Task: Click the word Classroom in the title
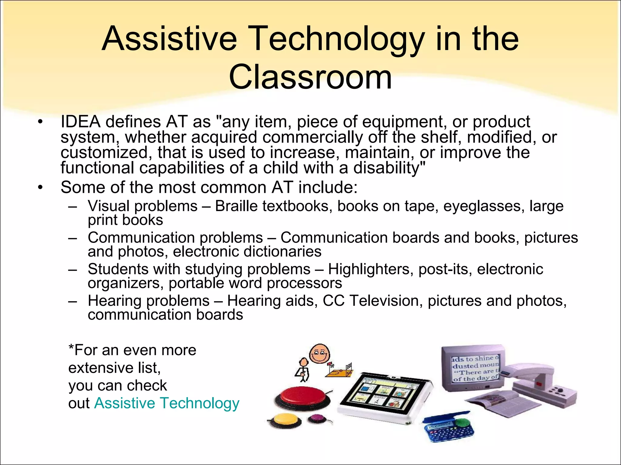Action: (310, 77)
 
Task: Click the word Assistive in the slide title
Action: (169, 39)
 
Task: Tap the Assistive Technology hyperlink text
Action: (166, 403)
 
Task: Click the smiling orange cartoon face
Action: (319, 354)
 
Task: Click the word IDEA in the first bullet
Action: (80, 122)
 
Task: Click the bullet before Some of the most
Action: (41, 187)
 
